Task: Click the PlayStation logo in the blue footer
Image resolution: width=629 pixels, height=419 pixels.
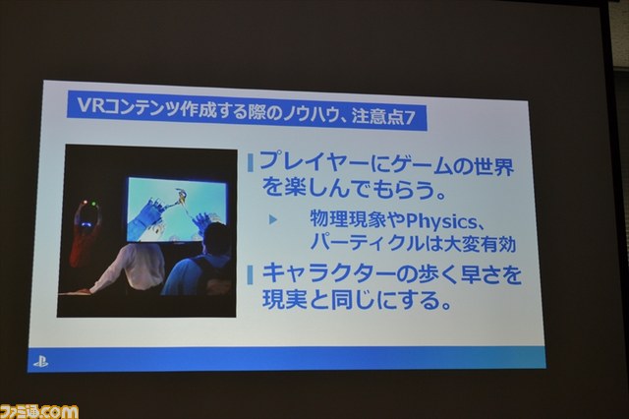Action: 40,362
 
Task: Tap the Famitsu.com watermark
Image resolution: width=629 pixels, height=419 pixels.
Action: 39,412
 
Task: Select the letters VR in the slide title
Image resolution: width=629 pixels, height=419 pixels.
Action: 86,105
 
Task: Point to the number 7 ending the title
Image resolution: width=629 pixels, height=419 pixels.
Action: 409,118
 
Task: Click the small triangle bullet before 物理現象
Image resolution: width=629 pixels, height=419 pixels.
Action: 273,219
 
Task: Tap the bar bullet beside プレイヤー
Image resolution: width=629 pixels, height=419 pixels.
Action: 251,162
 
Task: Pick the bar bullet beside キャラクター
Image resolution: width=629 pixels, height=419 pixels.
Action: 251,275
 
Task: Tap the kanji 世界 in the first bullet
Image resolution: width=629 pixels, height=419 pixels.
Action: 494,166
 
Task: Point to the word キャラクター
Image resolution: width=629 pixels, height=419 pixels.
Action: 329,274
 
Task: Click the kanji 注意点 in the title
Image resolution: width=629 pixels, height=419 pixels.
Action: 376,117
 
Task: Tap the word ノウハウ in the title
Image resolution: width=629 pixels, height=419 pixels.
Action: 309,114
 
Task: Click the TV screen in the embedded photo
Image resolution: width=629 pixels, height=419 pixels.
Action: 177,209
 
